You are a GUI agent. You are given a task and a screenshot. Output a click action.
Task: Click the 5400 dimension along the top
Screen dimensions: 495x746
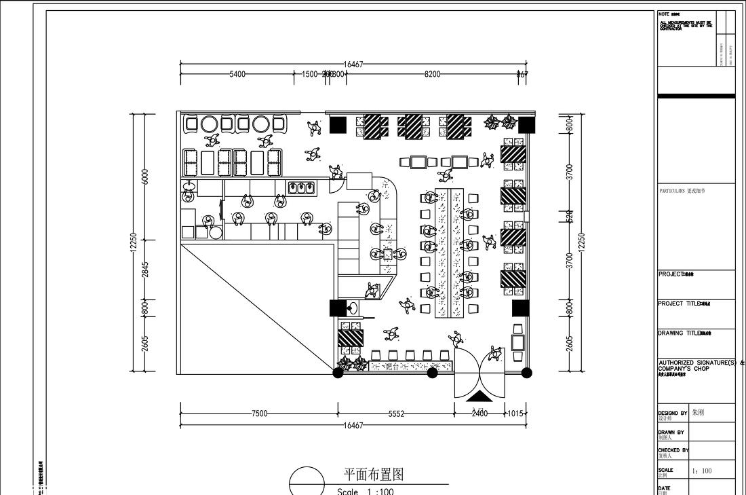click(x=237, y=74)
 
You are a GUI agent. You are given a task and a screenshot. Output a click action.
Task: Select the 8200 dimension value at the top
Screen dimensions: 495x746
click(x=432, y=74)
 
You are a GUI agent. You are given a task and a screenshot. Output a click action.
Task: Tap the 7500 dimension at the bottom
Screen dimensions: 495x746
click(x=259, y=414)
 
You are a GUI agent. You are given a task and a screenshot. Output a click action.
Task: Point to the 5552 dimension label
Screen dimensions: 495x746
click(x=396, y=414)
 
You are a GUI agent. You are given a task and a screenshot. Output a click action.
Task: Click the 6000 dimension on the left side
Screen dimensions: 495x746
click(x=144, y=176)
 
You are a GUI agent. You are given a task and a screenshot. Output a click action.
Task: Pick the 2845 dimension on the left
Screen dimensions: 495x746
click(x=144, y=269)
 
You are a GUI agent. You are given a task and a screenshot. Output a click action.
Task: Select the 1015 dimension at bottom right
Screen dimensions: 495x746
click(x=515, y=414)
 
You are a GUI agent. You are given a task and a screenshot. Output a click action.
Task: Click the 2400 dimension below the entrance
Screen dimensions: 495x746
click(x=479, y=414)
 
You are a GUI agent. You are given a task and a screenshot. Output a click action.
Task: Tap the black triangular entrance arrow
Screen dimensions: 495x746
click(x=479, y=397)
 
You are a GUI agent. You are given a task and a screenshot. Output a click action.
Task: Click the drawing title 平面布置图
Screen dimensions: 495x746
click(x=374, y=474)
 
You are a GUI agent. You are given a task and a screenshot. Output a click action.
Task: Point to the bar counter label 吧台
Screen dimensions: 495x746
click(x=392, y=367)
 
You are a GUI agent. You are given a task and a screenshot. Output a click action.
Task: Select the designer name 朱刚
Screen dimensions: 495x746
click(x=698, y=412)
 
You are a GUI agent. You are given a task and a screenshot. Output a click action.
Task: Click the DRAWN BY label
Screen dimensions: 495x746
click(x=671, y=432)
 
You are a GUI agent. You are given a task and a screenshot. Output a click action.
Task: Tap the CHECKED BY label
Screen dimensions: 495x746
click(x=673, y=450)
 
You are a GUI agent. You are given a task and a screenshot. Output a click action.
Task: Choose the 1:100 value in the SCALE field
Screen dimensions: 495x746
click(x=702, y=471)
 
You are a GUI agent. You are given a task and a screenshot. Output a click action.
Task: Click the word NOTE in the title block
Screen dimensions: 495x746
click(x=664, y=14)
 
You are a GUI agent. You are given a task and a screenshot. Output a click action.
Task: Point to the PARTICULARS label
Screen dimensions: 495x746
click(x=672, y=191)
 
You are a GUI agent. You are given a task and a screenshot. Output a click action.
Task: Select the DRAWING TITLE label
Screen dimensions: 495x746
click(x=678, y=333)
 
